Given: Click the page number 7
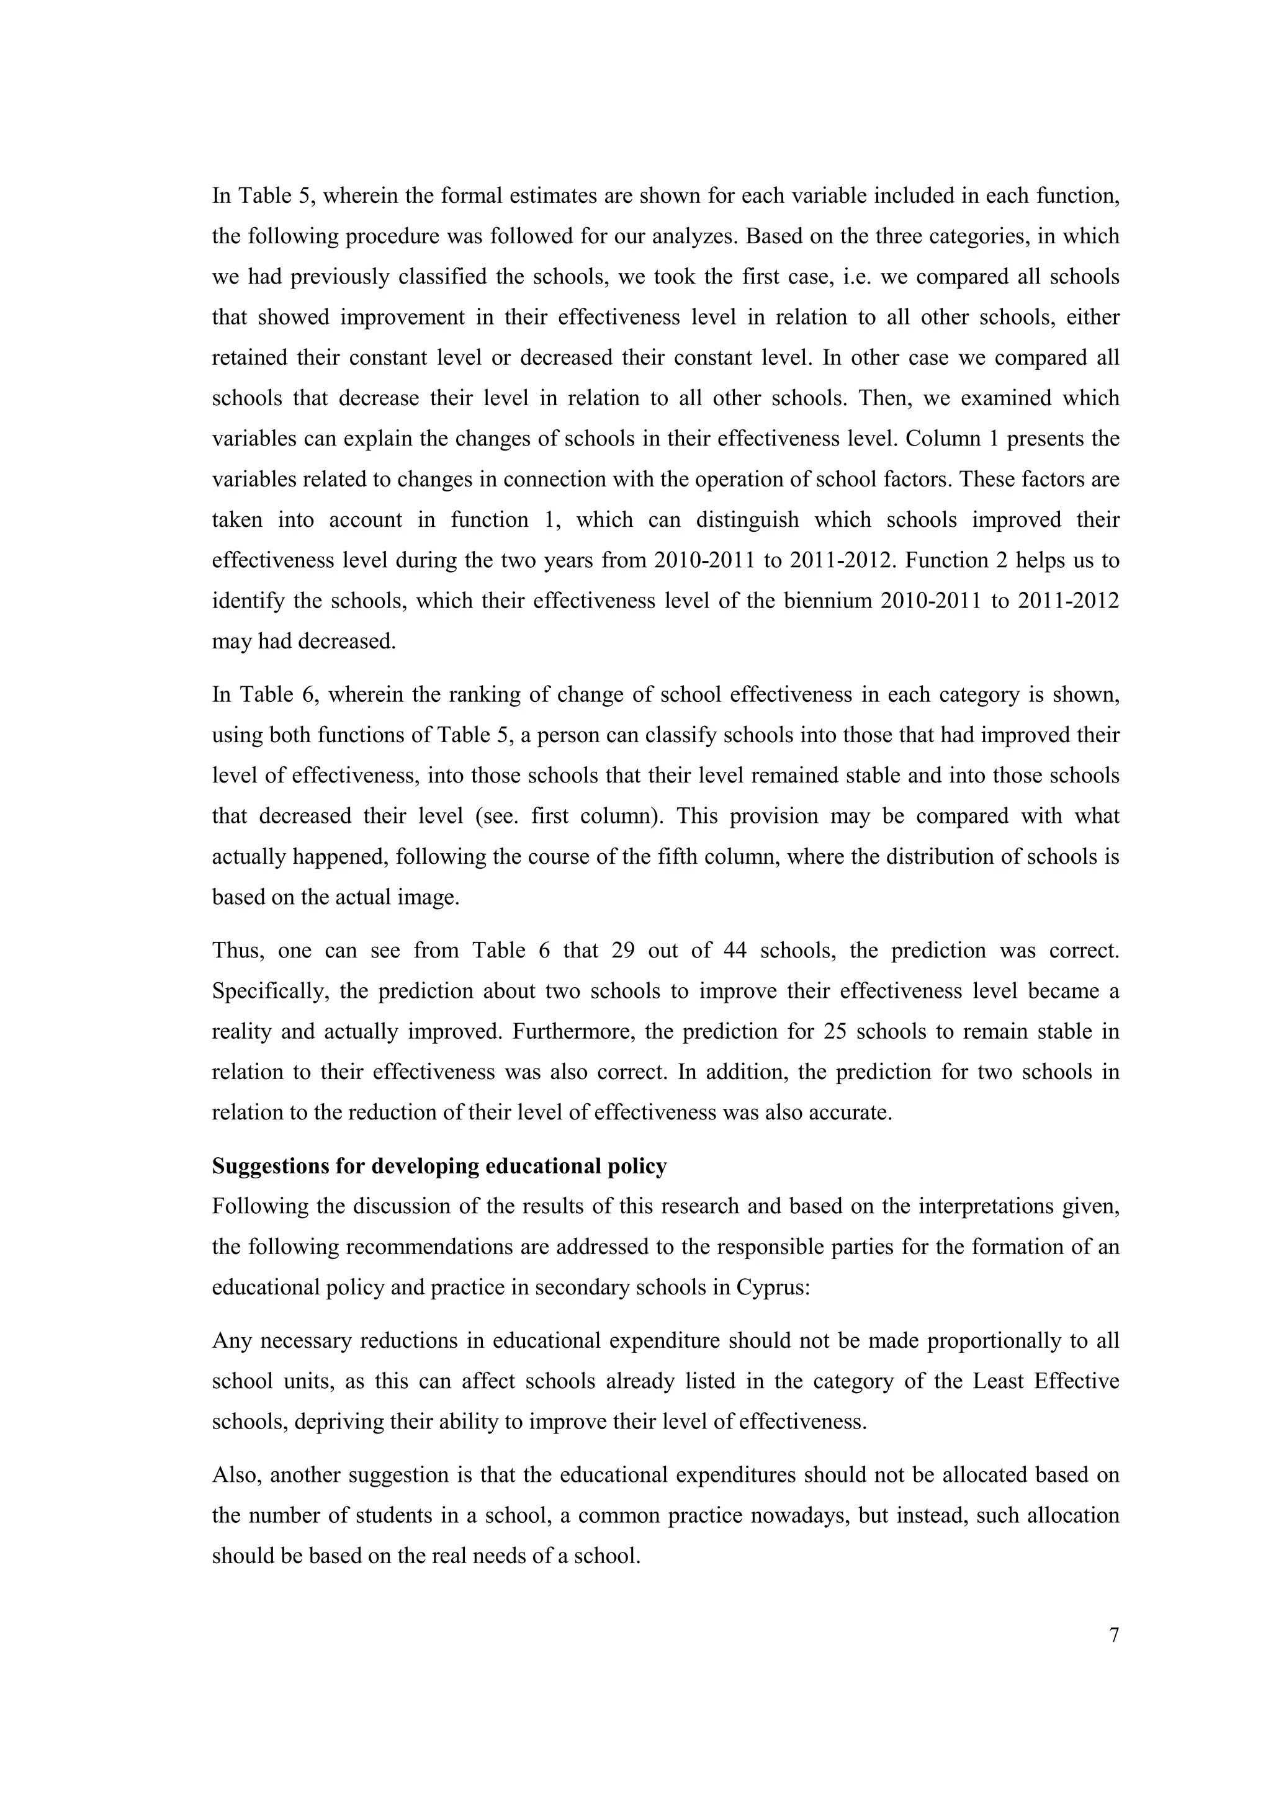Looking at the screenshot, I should [x=1114, y=1635].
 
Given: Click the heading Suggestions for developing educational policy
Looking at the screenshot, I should [x=439, y=1166].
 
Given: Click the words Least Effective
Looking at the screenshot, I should [x=1046, y=1381].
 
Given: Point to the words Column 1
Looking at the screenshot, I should [x=947, y=439].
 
